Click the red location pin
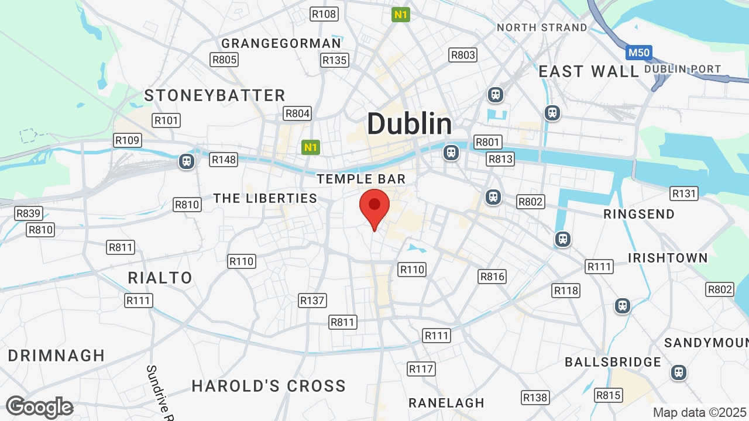374,208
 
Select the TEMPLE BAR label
361,179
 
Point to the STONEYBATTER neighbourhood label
215,95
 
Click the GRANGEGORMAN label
281,43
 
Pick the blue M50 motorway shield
638,53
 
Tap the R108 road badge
324,14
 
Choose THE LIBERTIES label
265,198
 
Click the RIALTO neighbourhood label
160,278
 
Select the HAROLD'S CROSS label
269,386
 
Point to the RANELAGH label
446,403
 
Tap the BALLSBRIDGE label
613,362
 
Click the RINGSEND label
639,214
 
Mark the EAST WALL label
589,71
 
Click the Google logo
39,407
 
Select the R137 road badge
312,301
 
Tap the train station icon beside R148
187,161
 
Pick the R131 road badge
684,194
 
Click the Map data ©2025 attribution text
699,412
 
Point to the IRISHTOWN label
668,258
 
